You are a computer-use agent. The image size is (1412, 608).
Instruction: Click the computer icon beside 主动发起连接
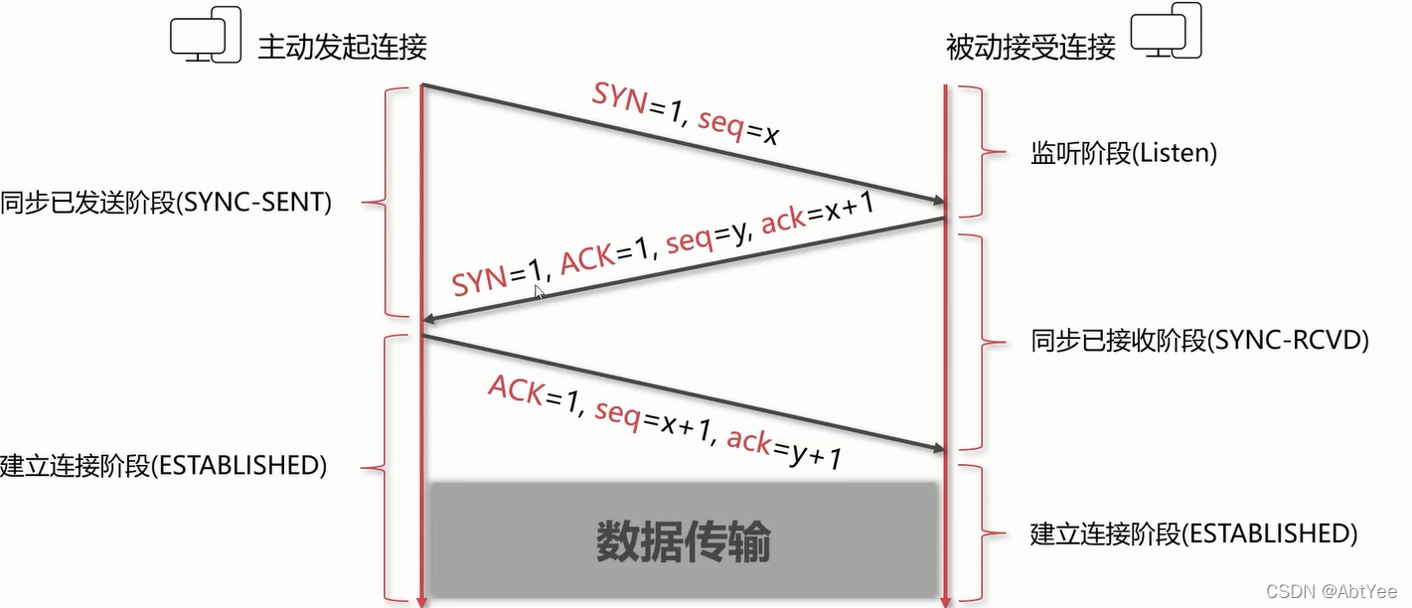pos(206,38)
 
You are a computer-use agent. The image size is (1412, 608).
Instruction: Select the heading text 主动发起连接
pos(342,47)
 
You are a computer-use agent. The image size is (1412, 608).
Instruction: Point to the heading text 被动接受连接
pos(1030,47)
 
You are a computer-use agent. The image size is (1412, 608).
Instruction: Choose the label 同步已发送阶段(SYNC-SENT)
pos(165,203)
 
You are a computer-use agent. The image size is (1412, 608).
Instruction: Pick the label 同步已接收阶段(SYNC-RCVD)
pos(1200,341)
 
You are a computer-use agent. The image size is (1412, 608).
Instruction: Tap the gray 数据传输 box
pos(684,540)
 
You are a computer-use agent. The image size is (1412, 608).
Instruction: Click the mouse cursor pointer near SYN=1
pos(539,292)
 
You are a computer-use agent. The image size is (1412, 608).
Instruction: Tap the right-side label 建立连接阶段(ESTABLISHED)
pos(1193,533)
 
